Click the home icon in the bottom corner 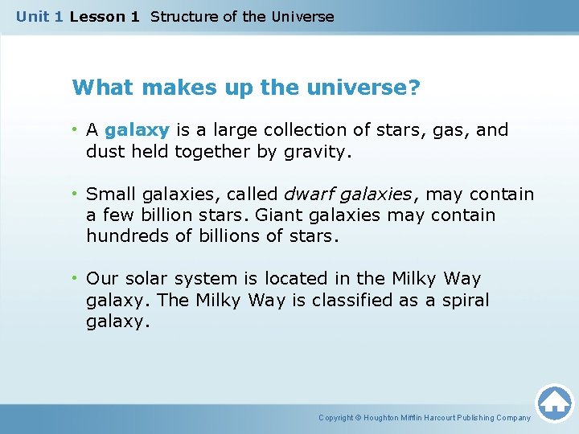pyautogui.click(x=554, y=402)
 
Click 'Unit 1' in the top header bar pyautogui.click(x=39, y=16)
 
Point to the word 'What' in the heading pyautogui.click(x=97, y=87)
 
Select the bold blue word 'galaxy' pyautogui.click(x=136, y=129)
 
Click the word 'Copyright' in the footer pyautogui.click(x=337, y=418)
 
